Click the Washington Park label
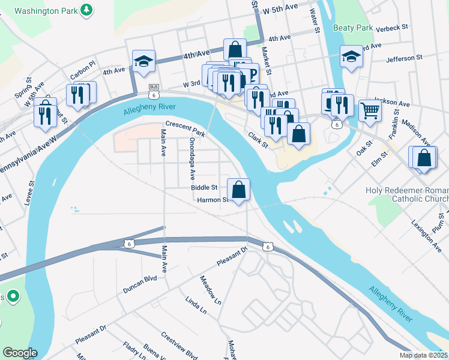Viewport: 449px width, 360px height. [47, 11]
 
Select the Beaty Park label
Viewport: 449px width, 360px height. [354, 28]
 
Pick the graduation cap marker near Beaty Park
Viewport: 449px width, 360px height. [351, 56]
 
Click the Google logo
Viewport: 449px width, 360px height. [19, 353]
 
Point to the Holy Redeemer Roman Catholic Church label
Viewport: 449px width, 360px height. [407, 195]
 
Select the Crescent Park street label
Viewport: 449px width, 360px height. [185, 130]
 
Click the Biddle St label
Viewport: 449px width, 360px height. [203, 188]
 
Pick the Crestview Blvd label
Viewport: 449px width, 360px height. [179, 345]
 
